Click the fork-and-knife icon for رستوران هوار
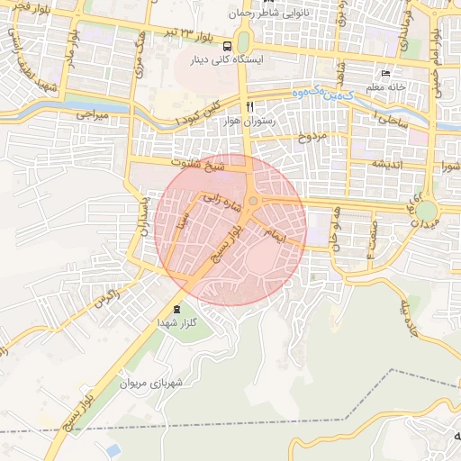pyautogui.click(x=262, y=106)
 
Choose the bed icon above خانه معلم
pyautogui.click(x=386, y=73)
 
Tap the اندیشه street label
pyautogui.click(x=393, y=165)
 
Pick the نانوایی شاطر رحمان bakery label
pyautogui.click(x=291, y=14)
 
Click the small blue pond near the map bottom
pyautogui.click(x=113, y=448)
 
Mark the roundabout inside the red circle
pyautogui.click(x=255, y=202)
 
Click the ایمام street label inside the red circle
pyautogui.click(x=274, y=235)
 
